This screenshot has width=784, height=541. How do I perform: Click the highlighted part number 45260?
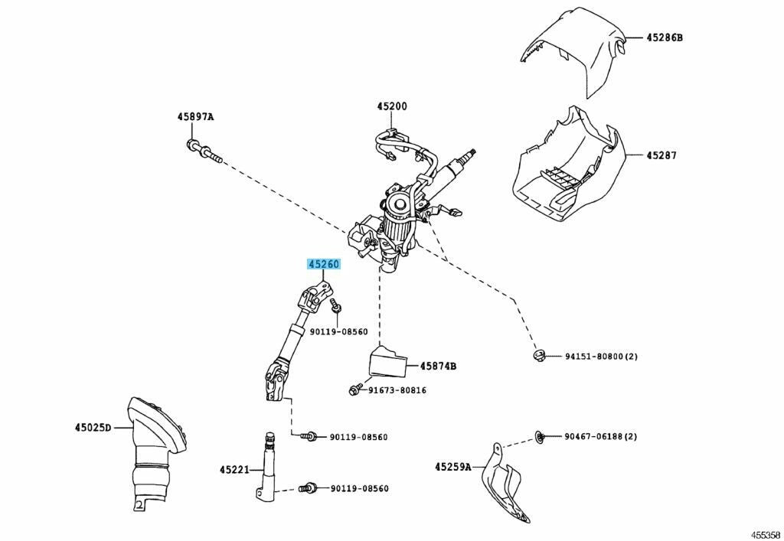323,265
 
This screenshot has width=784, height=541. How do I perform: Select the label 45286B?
663,37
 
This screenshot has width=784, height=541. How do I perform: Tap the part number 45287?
661,155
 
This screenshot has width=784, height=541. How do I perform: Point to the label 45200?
391,106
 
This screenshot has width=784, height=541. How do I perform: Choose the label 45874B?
437,367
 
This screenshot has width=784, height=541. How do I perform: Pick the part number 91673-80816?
397,390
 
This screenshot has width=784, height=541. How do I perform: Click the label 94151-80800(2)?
601,357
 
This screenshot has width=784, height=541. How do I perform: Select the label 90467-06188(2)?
601,436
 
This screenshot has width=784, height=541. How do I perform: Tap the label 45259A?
453,466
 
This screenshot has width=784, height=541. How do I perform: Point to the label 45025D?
93,426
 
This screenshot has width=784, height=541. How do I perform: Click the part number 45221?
235,469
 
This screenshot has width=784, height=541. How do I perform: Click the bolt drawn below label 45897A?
203,152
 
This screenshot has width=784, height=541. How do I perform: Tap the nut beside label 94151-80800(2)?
539,355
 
